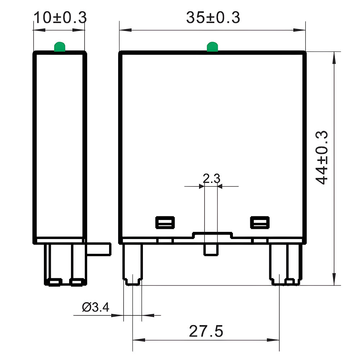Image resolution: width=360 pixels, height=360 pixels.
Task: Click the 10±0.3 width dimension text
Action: pyautogui.click(x=60, y=18)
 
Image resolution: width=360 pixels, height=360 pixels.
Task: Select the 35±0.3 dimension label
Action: pyautogui.click(x=213, y=18)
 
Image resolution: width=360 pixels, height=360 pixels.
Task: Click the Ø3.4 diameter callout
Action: pyautogui.click(x=95, y=307)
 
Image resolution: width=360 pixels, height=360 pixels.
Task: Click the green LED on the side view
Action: pyautogui.click(x=59, y=47)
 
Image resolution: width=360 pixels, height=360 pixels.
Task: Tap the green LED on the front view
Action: pyautogui.click(x=212, y=47)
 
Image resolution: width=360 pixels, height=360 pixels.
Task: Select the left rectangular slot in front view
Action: pyautogui.click(x=165, y=222)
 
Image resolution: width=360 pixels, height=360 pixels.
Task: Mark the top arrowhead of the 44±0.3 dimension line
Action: pyautogui.click(x=335, y=56)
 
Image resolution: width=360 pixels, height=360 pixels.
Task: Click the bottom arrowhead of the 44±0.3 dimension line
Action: pyautogui.click(x=335, y=280)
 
